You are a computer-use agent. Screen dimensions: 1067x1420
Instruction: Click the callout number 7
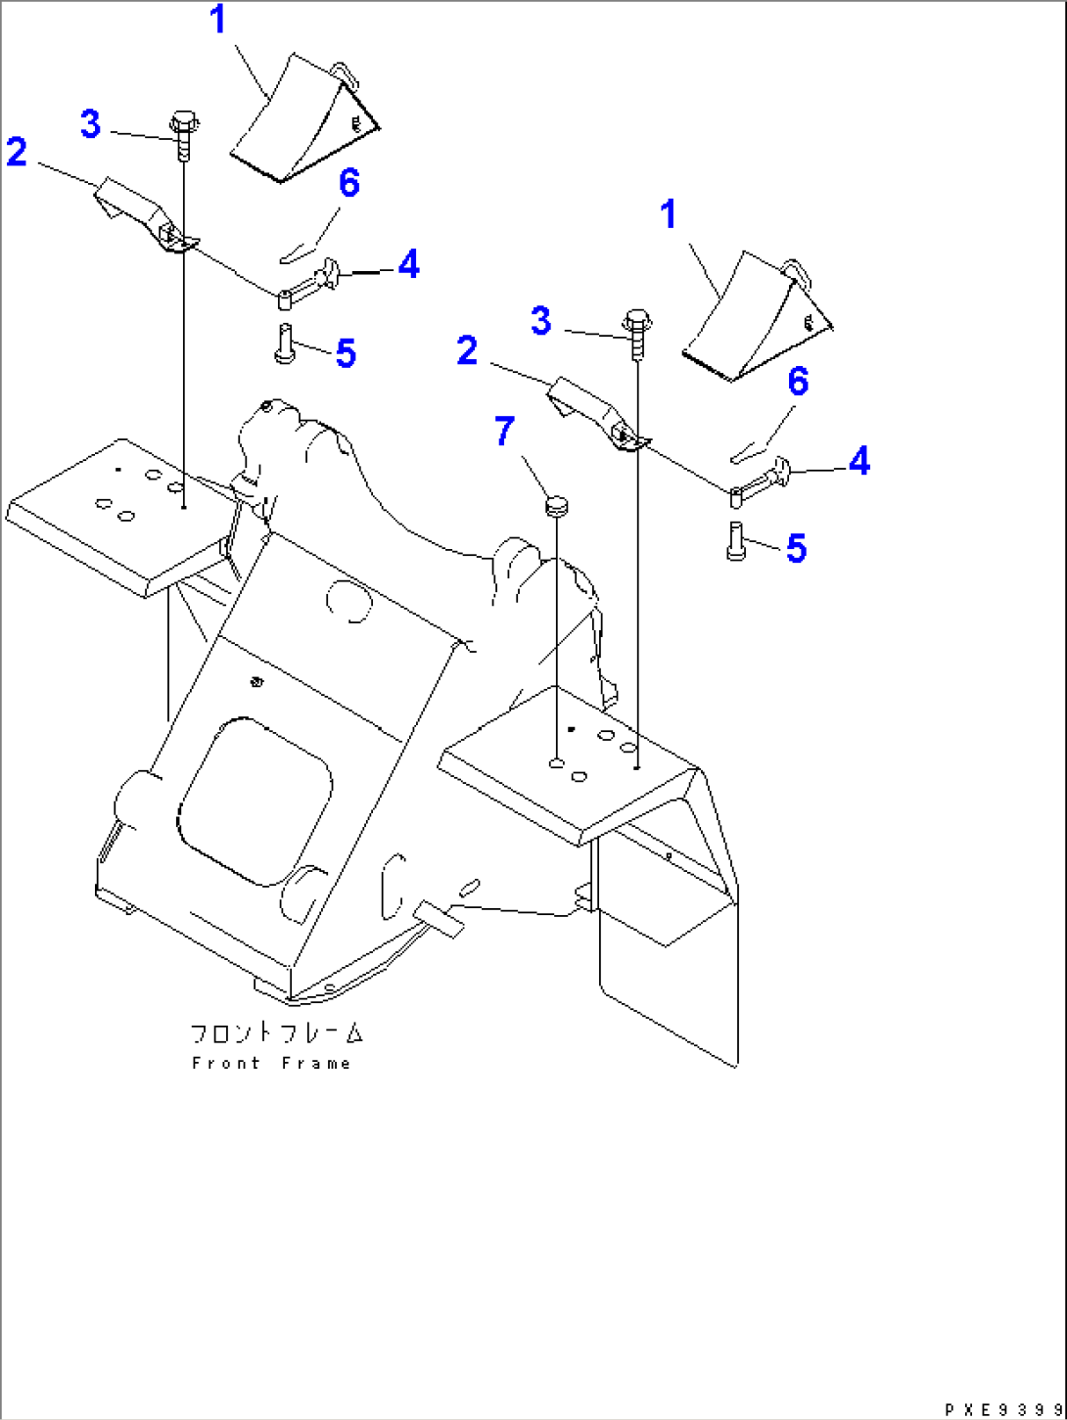coord(504,431)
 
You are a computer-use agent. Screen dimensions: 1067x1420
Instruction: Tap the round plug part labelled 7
coord(556,505)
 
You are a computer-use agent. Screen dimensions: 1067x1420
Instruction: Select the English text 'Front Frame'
coord(272,1063)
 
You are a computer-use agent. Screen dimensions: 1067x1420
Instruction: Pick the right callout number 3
coord(541,321)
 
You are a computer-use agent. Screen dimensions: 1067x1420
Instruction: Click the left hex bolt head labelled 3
coord(184,121)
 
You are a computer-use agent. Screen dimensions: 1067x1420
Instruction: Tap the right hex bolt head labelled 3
coord(637,320)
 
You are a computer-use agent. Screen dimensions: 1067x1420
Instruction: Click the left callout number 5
coord(347,354)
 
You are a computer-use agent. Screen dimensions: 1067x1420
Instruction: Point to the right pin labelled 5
coord(736,541)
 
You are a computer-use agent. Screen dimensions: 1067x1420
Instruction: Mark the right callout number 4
coord(859,461)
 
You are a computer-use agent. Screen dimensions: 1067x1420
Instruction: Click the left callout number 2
coord(17,152)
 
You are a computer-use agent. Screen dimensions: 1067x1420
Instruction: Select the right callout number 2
coord(467,350)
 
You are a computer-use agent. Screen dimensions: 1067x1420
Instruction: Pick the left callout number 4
coord(408,264)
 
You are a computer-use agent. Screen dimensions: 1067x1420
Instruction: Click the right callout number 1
coord(669,214)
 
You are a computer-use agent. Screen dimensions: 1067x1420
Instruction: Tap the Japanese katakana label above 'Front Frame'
coord(277,1033)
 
